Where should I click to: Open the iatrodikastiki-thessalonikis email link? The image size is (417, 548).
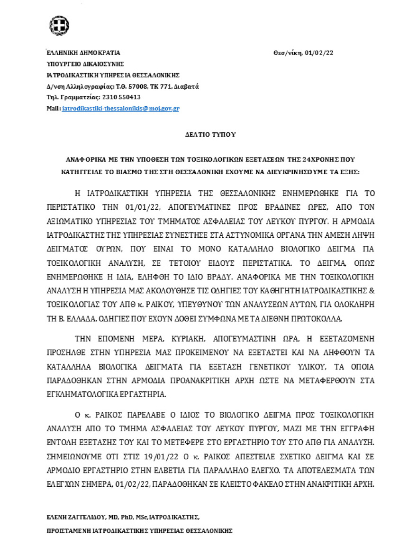tap(120, 109)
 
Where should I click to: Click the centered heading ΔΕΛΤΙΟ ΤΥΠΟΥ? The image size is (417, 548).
tap(210, 135)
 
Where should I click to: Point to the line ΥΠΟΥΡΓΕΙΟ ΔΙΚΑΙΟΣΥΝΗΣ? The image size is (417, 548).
tap(85, 64)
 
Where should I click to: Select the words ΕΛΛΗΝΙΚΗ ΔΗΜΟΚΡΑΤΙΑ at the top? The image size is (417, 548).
tap(83, 53)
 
